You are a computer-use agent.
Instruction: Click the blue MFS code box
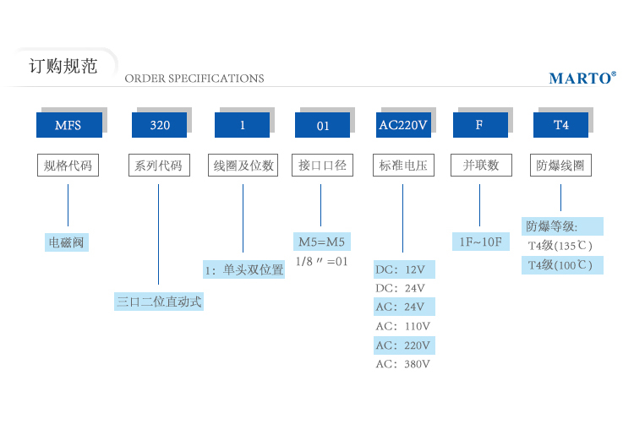coord(68,125)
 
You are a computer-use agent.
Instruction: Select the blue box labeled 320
coord(159,125)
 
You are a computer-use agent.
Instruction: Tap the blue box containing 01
coord(322,125)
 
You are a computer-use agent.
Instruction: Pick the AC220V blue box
coord(402,125)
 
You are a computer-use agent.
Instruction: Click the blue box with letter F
coord(479,125)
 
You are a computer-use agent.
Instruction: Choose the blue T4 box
coord(560,125)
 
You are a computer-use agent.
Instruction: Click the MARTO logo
coord(582,79)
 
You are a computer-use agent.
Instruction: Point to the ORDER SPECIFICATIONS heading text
coord(194,79)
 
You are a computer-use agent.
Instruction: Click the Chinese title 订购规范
coord(63,66)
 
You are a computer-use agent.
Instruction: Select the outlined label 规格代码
coord(68,166)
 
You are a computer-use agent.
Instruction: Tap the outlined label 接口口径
coord(322,166)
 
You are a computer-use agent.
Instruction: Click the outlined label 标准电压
coord(402,166)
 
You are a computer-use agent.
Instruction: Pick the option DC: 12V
coord(403,270)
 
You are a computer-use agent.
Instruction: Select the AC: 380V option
coord(403,364)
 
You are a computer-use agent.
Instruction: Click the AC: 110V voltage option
coord(403,326)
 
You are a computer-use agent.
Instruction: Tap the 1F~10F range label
coord(479,242)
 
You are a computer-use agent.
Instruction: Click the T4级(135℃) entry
coord(560,246)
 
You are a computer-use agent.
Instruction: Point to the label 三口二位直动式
coord(159,302)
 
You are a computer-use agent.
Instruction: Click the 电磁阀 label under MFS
coord(68,243)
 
